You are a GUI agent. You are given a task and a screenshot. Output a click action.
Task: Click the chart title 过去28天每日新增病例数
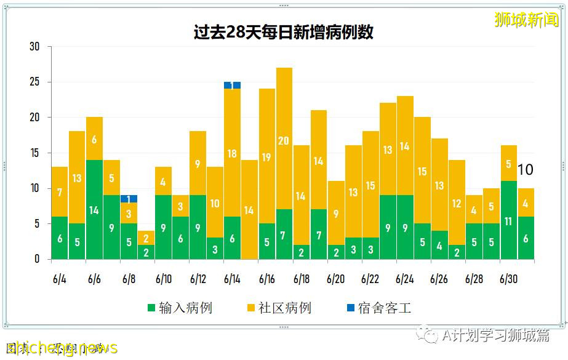pos(284,32)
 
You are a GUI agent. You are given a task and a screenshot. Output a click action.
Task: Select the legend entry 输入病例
pos(179,308)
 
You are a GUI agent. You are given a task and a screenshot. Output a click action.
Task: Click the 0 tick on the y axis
pos(37,259)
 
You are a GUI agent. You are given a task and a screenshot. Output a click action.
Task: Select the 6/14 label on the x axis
pos(232,279)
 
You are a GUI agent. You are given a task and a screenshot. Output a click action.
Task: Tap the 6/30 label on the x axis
pos(508,279)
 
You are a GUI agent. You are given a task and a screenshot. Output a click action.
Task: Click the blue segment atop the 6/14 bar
pos(232,86)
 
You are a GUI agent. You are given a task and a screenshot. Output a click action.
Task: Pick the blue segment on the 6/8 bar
pos(129,199)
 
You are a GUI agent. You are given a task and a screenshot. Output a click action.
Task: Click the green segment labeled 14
pos(94,210)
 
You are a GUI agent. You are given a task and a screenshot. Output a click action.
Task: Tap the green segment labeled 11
pos(508,220)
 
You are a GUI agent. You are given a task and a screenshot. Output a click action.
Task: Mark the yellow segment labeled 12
pos(457,202)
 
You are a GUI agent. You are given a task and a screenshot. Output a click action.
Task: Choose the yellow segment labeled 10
pos(215,202)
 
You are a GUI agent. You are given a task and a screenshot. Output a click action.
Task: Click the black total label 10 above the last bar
pos(525,170)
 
